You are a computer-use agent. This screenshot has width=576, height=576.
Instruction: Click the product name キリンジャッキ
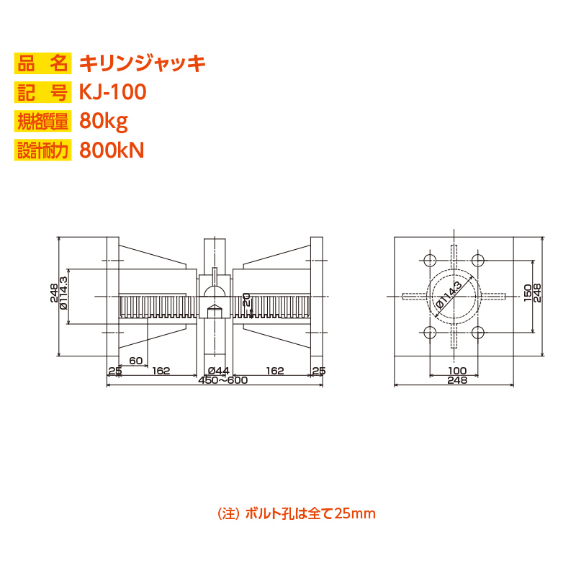tap(143, 63)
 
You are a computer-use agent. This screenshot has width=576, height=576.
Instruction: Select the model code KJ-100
tap(113, 92)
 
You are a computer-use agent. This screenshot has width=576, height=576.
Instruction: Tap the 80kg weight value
tap(104, 121)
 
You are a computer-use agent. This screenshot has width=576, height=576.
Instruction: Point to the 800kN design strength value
tap(112, 150)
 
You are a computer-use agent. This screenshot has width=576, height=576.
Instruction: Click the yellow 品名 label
tap(42, 63)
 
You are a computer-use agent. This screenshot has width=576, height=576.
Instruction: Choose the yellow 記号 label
tap(42, 92)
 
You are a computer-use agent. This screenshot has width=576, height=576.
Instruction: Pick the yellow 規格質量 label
tap(42, 121)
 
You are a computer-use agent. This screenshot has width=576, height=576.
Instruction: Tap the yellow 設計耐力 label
tap(42, 150)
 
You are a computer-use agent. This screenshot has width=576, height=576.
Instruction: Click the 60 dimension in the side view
tap(135, 361)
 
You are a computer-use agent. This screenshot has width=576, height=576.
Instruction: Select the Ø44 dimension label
tap(218, 371)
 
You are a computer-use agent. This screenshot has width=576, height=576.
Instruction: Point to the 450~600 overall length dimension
tap(223, 380)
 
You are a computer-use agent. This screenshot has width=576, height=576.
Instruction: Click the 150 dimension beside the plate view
tap(528, 293)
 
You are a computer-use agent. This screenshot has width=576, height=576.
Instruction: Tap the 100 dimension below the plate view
tap(457, 371)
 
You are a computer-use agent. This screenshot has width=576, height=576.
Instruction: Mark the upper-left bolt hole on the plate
tap(429, 260)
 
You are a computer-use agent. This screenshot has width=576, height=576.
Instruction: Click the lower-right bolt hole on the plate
tap(477, 333)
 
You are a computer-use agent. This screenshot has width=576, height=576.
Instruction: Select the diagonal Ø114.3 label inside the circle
tap(449, 297)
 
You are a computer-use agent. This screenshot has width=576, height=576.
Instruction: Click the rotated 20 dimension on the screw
tap(246, 300)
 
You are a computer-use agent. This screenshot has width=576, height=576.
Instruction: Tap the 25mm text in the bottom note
tap(354, 513)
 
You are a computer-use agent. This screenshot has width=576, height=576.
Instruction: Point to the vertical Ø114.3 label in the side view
tap(63, 293)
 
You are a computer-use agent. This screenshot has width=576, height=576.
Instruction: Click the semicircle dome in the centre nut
tap(215, 291)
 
